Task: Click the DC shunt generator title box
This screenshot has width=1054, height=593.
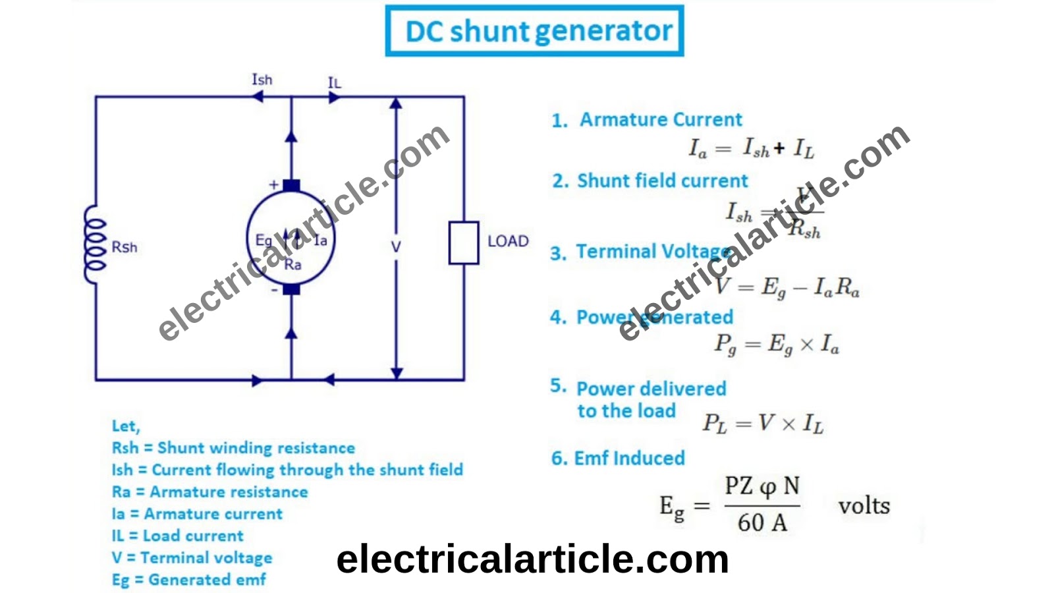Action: tap(534, 31)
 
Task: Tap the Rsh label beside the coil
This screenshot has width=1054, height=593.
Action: tap(125, 247)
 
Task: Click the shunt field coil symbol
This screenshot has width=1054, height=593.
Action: tap(95, 244)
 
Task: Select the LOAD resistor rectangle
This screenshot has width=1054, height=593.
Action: tap(464, 243)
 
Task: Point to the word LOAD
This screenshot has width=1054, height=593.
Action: tap(508, 241)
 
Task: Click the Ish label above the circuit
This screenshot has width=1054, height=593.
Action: tap(262, 80)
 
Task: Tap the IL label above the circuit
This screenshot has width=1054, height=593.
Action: tap(335, 83)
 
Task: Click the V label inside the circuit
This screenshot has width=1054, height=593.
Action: tap(395, 247)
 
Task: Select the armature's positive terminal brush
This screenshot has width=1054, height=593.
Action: tap(291, 186)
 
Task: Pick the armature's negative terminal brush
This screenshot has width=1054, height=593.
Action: tap(291, 289)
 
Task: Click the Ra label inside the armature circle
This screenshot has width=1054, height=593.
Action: tap(292, 265)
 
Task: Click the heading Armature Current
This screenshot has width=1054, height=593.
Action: tap(661, 120)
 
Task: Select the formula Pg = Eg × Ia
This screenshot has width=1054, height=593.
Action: tap(777, 345)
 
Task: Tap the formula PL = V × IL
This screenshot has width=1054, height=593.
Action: tap(763, 423)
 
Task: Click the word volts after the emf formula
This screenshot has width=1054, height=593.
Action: tap(864, 506)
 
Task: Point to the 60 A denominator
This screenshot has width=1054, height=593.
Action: tap(762, 523)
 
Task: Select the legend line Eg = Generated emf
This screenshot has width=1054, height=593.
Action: tap(189, 580)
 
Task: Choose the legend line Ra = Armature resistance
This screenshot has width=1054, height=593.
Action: tap(209, 492)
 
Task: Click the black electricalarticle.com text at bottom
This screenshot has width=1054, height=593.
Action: tap(532, 559)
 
